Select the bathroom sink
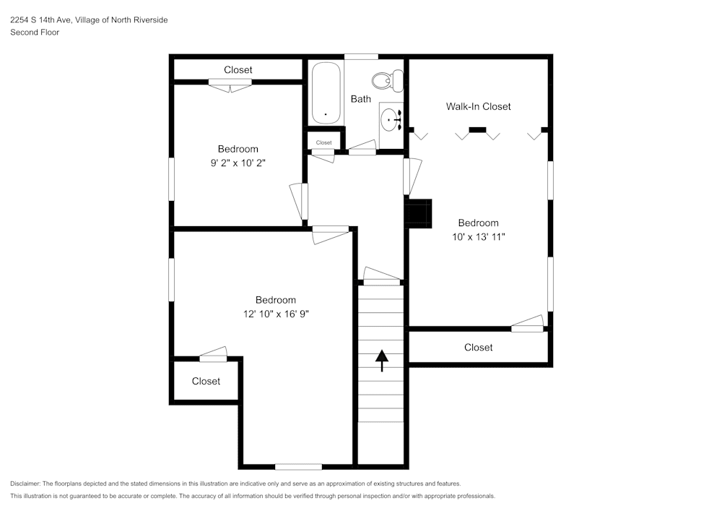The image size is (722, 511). pos(391,119)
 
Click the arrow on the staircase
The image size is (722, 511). pos(381,360)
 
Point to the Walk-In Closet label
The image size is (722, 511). pos(478,106)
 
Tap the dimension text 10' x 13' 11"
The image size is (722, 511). pos(478,236)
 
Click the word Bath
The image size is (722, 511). pos(361,99)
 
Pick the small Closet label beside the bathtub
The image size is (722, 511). pos(323,142)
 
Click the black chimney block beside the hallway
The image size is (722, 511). pos(419,212)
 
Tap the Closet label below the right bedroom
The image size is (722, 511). pos(478,348)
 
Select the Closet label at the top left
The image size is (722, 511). pos(238,70)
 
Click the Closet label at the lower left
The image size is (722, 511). pos(206,381)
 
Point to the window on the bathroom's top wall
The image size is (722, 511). pos(361,57)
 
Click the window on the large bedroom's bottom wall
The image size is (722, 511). pos(298,466)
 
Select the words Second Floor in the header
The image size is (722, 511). pos(35,33)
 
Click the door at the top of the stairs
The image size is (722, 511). pos(380,276)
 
